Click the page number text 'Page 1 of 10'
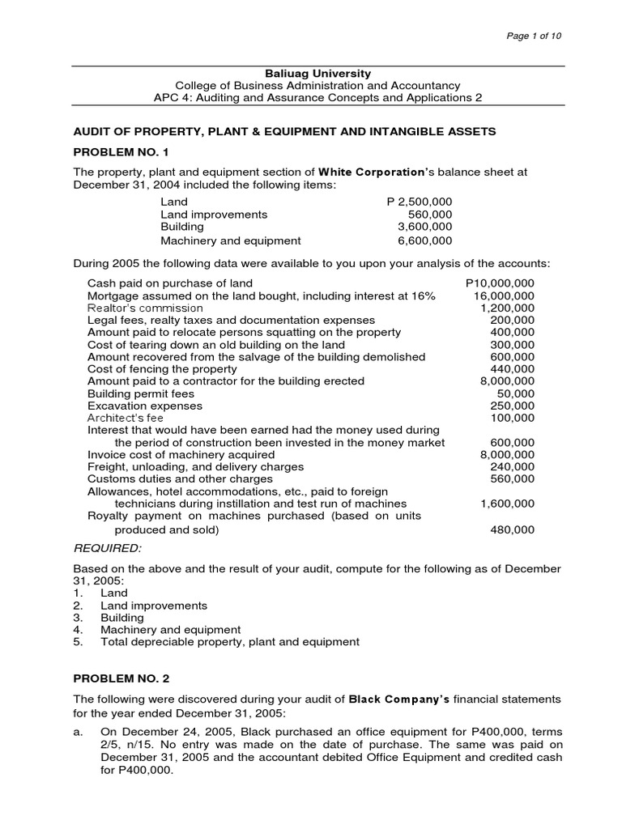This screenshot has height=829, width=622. click(x=534, y=36)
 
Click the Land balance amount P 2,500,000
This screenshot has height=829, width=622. click(x=420, y=202)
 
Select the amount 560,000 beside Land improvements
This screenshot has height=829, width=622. click(x=430, y=215)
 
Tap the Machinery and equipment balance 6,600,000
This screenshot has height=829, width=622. click(x=425, y=240)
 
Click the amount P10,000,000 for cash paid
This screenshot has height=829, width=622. click(x=501, y=283)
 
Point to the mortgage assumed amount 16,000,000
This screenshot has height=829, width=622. click(x=504, y=295)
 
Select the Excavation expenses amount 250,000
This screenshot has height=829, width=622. click(x=513, y=406)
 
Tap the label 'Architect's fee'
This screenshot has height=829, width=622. click(x=125, y=418)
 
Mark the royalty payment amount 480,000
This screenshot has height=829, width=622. click(x=513, y=529)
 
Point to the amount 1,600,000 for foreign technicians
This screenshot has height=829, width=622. click(x=507, y=503)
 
